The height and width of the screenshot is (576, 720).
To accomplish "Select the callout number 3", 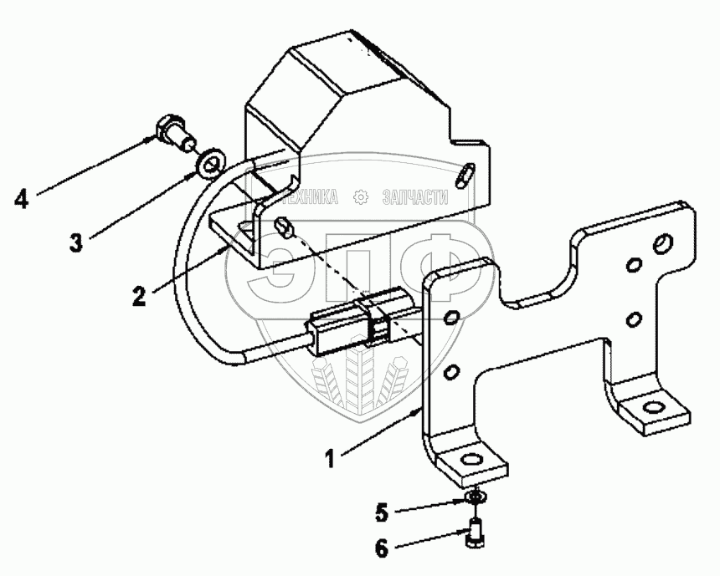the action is tap(76, 244).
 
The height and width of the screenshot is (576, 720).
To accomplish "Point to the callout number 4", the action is tap(22, 199).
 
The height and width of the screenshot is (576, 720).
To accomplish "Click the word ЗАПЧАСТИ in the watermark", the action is tap(415, 197).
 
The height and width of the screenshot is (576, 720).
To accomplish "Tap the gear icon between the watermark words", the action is tap(361, 197).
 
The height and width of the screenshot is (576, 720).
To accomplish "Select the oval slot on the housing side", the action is tap(465, 173).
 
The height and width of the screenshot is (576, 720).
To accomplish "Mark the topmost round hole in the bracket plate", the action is tap(661, 243).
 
